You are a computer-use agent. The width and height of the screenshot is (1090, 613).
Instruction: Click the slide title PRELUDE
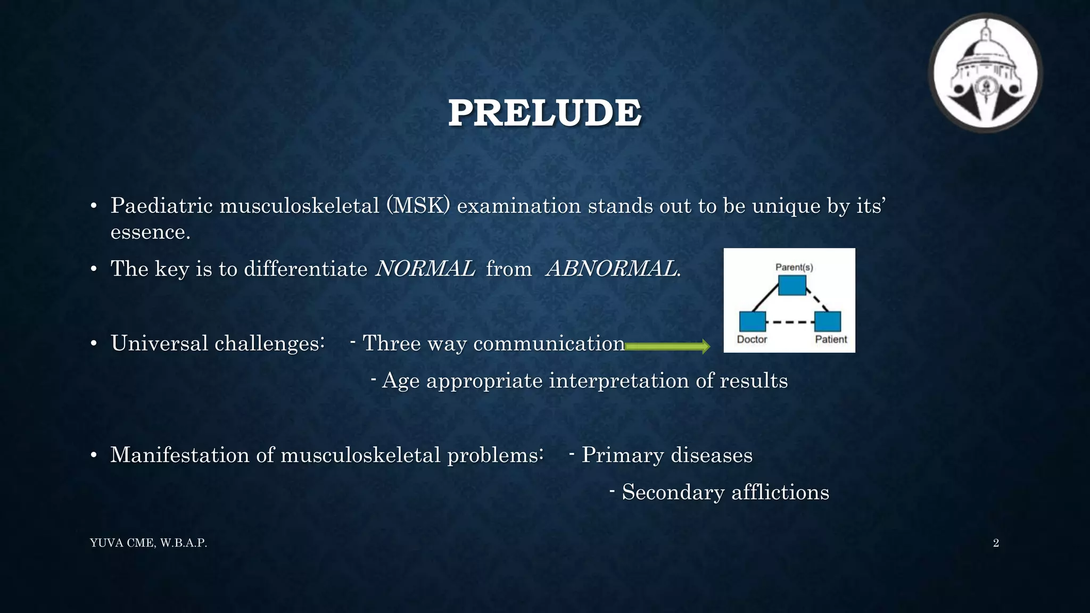tap(544, 113)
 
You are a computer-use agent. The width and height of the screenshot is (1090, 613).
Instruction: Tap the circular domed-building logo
tap(985, 73)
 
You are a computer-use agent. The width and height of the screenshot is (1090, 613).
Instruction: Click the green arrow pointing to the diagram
tap(667, 347)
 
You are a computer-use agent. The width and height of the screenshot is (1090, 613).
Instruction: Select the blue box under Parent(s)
tap(792, 285)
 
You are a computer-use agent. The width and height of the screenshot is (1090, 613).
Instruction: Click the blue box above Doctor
tap(753, 321)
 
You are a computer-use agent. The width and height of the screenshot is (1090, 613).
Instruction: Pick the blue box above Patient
tap(828, 321)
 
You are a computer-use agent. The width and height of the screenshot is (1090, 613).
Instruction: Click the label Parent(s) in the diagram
tap(794, 267)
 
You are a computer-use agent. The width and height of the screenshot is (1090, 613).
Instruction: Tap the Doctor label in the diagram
tap(752, 339)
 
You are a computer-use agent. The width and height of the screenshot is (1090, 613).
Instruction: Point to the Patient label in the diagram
tap(831, 339)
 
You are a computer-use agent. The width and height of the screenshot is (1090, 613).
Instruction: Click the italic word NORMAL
tap(425, 269)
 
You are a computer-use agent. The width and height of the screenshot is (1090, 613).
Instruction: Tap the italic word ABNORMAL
tap(612, 269)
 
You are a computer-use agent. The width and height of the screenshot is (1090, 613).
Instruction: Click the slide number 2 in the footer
tap(996, 543)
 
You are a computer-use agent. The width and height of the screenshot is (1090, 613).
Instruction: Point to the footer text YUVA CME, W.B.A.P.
tap(148, 543)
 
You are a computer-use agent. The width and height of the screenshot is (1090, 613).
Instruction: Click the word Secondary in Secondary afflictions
tap(673, 492)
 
